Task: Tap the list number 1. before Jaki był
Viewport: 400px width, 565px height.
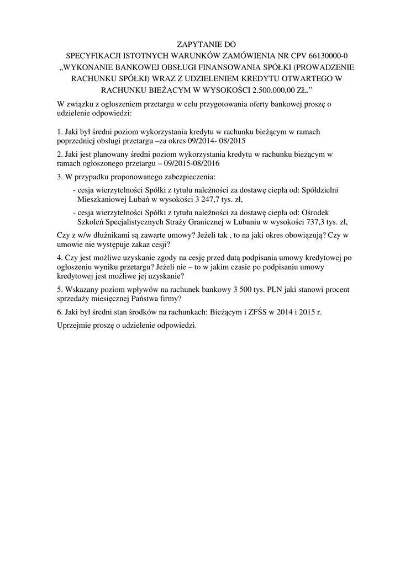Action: (x=60, y=132)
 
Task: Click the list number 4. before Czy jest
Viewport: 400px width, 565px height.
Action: (x=60, y=258)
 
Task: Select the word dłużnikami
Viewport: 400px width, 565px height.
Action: (x=98, y=236)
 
